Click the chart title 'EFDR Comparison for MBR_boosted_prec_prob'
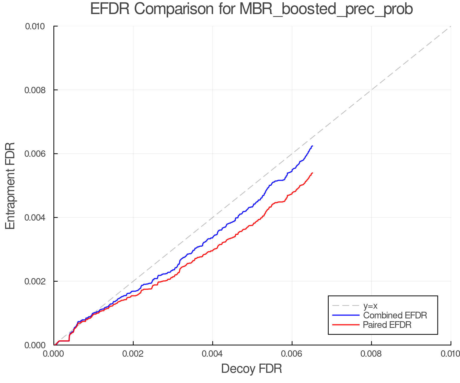251,9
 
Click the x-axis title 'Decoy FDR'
251,369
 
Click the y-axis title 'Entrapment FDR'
10,186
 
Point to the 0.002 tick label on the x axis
133,354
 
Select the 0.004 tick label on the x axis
213,354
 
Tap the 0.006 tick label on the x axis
292,354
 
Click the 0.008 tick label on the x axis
371,354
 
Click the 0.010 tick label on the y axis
35,26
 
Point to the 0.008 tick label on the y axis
35,90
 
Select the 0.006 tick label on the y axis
35,154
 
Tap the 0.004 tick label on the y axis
35,218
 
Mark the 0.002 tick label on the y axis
35,281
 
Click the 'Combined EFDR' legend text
395,315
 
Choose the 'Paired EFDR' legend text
387,325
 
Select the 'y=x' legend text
370,306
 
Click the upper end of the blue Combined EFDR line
312,146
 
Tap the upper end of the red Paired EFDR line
312,173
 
